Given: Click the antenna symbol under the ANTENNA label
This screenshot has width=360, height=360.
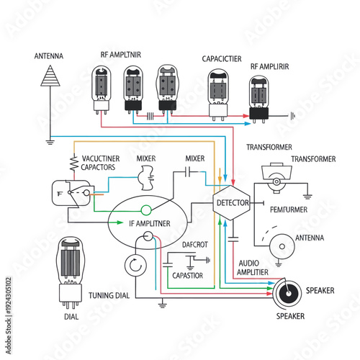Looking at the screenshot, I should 50,75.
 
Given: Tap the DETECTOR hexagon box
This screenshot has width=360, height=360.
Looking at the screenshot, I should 233,204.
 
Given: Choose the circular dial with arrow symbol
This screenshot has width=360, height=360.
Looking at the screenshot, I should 134,267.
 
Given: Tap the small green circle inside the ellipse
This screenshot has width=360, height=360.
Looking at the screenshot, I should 145,210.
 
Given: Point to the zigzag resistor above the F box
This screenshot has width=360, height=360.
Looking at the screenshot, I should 73,163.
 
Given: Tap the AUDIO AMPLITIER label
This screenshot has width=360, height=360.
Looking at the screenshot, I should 253,268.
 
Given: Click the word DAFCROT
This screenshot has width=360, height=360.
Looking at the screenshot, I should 195,245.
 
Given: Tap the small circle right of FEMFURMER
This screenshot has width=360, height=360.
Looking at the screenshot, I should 282,247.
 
